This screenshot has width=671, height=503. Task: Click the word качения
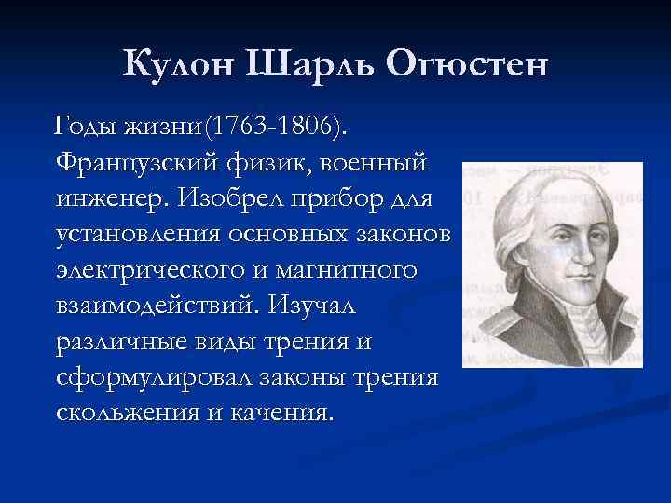278,413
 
